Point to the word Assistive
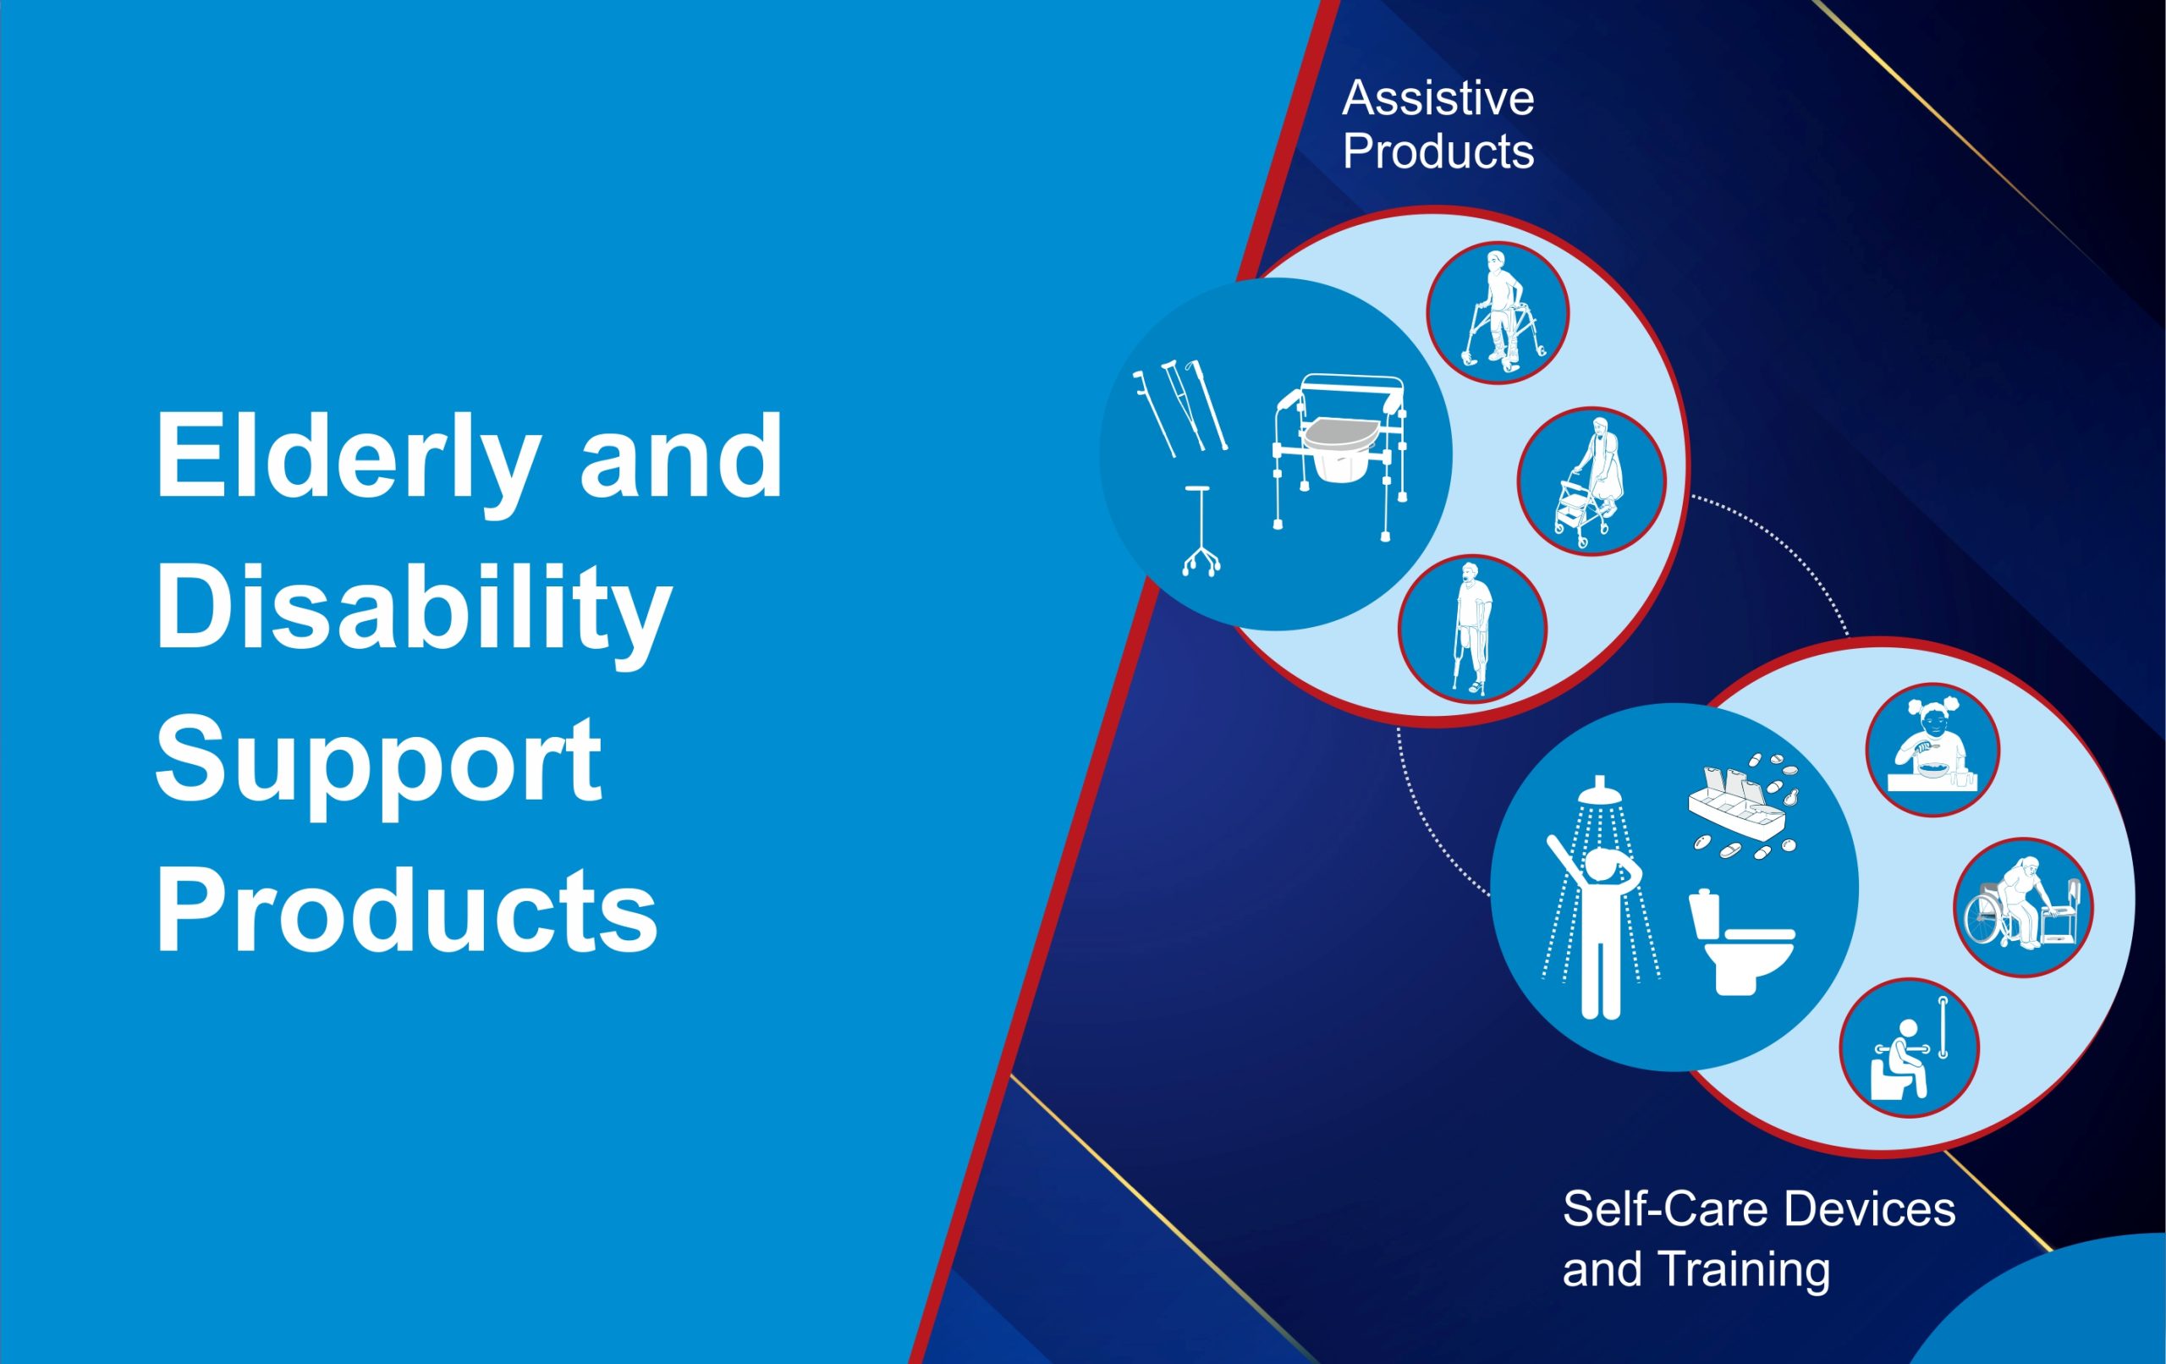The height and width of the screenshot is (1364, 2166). (1438, 98)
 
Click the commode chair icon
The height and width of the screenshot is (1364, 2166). (1340, 457)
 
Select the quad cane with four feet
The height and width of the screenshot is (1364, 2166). (1201, 531)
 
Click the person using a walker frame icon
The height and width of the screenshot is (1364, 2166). (1498, 312)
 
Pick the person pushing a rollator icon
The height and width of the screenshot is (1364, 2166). (1592, 481)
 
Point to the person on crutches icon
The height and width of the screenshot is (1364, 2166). (1472, 628)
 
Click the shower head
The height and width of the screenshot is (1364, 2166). (1598, 790)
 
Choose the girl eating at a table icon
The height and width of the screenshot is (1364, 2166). (1932, 750)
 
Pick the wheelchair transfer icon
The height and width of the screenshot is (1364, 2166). (2024, 907)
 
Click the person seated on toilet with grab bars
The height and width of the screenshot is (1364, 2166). (1909, 1048)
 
